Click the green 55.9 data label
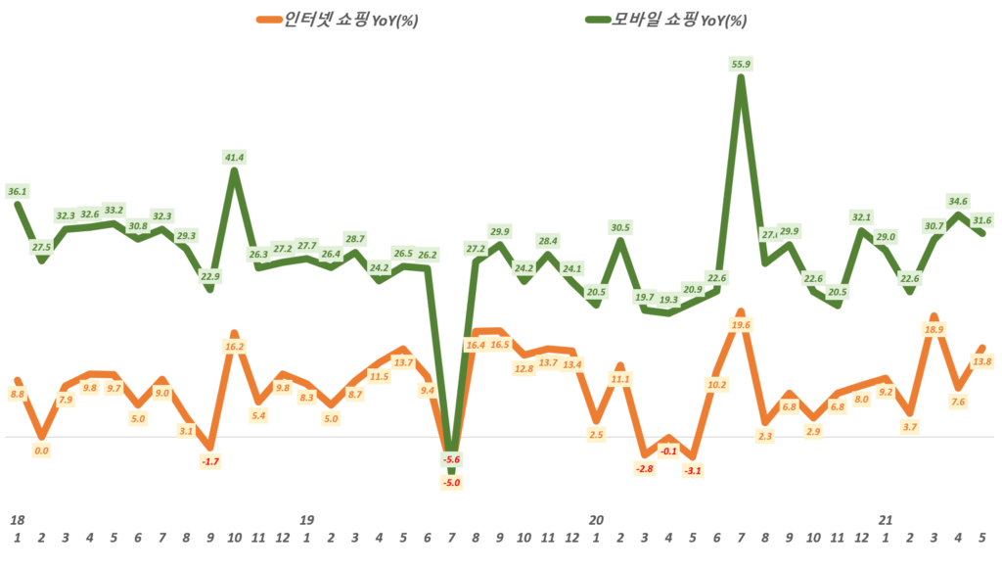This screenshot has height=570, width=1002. click(x=741, y=64)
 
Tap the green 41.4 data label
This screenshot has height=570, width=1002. click(x=234, y=157)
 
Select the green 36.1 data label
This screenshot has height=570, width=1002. click(x=17, y=191)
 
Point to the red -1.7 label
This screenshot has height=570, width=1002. click(x=209, y=460)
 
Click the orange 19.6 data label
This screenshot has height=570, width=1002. click(x=741, y=325)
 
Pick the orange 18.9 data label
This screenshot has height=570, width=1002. click(x=934, y=330)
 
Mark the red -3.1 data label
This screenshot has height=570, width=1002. click(x=693, y=470)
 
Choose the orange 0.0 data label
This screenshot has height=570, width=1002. click(x=41, y=451)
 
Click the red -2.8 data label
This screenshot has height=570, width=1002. click(x=644, y=469)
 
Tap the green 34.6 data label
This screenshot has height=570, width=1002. click(x=959, y=201)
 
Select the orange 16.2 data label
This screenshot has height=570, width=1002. click(x=234, y=346)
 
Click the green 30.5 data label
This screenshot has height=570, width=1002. click(x=619, y=227)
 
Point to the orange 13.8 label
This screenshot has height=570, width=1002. click(x=982, y=361)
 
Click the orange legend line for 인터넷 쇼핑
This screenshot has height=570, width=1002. click(x=266, y=20)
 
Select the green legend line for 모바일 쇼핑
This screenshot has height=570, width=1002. click(x=599, y=20)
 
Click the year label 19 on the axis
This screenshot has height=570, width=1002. click(x=306, y=519)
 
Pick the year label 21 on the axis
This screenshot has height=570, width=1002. click(x=886, y=519)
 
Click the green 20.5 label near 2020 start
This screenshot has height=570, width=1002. click(x=596, y=291)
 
